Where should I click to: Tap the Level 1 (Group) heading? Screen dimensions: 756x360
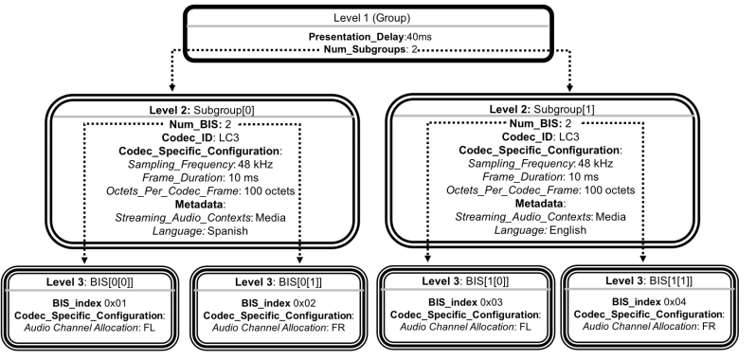point(371,18)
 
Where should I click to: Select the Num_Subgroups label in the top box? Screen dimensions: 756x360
point(365,49)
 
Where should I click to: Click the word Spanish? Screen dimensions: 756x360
point(228,231)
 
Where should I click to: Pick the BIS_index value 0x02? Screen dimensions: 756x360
point(305,303)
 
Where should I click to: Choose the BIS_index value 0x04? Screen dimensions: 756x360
point(675,301)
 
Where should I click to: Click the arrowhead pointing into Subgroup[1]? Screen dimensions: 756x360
point(569,88)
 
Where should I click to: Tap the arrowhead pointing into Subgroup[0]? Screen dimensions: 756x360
point(172,88)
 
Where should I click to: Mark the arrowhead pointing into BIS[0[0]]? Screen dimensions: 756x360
point(84,261)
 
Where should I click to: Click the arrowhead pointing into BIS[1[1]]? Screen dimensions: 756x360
point(642,259)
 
